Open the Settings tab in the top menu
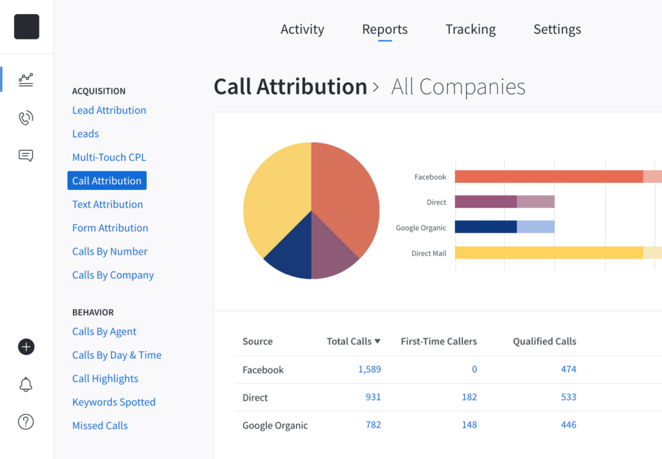point(557,29)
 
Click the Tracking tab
point(470,29)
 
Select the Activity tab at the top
point(302,29)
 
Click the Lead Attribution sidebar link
point(109,110)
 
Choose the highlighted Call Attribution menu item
point(107,180)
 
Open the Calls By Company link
point(112,275)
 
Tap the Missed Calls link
point(100,425)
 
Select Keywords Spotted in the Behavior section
point(114,402)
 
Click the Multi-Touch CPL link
point(109,157)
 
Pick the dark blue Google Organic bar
point(486,227)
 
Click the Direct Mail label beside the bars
point(429,253)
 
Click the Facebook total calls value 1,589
point(369,370)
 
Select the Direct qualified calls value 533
point(568,397)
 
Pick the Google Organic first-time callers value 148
point(469,425)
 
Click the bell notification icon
point(26,385)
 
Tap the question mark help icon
point(26,422)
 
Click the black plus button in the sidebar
point(26,347)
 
